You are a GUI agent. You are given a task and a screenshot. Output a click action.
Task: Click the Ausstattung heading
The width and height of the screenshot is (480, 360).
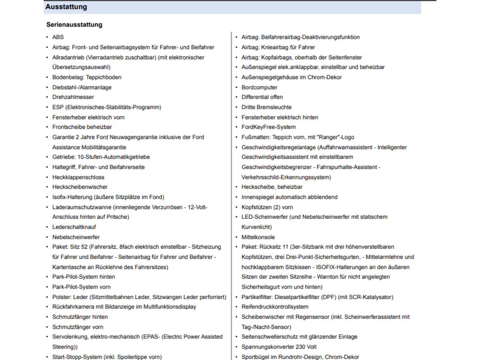point(66,7)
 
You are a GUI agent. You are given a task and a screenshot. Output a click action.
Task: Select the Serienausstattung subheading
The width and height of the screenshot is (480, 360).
point(74,24)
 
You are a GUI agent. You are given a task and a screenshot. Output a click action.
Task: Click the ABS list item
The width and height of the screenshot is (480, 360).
point(58,37)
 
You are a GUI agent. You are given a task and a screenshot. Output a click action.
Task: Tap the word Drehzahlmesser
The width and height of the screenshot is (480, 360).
point(73,97)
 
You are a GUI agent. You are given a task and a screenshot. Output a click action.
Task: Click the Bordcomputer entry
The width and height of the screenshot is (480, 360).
point(259,87)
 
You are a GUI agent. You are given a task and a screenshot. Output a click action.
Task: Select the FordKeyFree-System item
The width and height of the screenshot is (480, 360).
point(268,127)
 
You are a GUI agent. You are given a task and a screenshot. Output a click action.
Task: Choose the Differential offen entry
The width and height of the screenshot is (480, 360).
point(262,97)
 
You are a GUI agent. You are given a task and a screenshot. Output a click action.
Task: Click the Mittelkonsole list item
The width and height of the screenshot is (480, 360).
point(258,237)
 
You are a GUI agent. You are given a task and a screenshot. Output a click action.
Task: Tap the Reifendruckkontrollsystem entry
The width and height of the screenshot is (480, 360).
point(275,307)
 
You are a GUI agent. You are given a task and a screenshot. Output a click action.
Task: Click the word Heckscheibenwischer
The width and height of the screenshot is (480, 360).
point(80,187)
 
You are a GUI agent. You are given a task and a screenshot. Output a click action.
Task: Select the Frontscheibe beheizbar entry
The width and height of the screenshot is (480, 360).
point(82,127)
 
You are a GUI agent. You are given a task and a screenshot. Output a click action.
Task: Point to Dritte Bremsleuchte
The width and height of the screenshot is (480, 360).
point(266,107)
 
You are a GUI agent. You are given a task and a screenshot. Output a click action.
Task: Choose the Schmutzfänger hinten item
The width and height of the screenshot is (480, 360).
point(80,317)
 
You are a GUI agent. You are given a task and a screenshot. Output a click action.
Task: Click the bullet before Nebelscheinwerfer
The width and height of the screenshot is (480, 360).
point(47,237)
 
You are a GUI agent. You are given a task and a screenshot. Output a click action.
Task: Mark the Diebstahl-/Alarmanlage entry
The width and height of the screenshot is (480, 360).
point(82,87)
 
